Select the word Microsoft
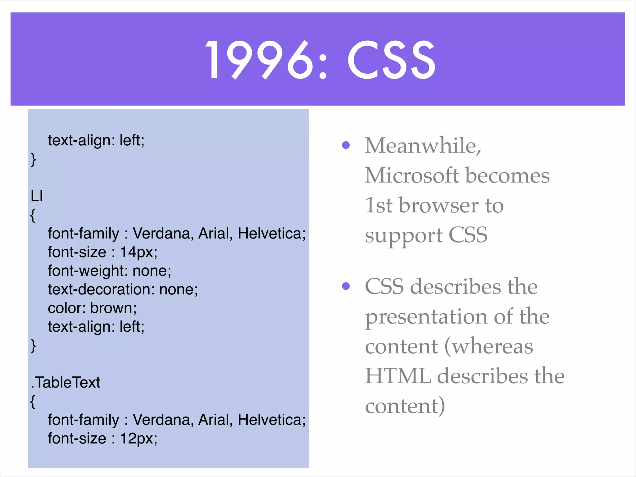(x=411, y=175)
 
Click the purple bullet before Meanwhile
(x=346, y=145)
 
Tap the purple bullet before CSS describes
(x=346, y=286)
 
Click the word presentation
(x=426, y=317)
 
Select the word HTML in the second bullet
(x=398, y=376)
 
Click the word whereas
(x=492, y=346)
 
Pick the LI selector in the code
(x=37, y=196)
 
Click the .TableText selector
(x=66, y=383)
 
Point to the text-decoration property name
(x=99, y=289)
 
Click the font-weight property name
(x=86, y=271)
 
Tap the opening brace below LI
(x=33, y=215)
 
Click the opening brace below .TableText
(x=33, y=401)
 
